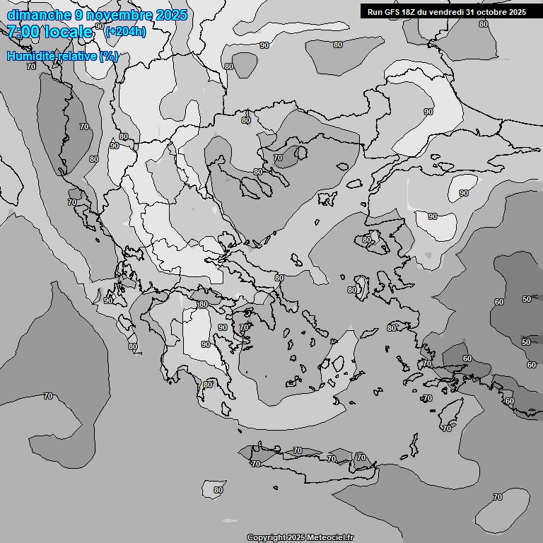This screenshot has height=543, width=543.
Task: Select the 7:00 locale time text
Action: (x=49, y=32)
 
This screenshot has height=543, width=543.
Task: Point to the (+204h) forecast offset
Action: (x=125, y=32)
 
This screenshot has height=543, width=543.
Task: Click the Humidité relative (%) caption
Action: (x=62, y=56)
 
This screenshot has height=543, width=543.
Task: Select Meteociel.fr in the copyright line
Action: (x=329, y=537)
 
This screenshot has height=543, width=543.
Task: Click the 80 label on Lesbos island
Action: (x=367, y=240)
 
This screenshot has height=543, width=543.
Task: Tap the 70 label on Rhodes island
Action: (x=446, y=428)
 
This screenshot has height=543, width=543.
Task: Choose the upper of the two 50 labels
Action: (x=526, y=299)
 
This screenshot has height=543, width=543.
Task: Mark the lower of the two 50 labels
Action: (x=526, y=342)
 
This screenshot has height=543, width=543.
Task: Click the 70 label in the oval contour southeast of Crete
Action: (x=498, y=497)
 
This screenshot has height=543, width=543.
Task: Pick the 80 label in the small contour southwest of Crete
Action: (x=218, y=490)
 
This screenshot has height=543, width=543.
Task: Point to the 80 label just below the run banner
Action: (x=483, y=24)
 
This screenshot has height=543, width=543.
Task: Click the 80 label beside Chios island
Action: (x=352, y=290)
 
